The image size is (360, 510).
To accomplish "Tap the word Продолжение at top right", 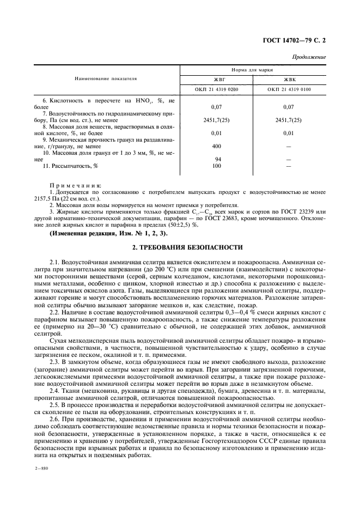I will click(309, 57).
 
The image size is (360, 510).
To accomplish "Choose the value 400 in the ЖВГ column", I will click(216, 146).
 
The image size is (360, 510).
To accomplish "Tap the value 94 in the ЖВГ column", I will click(216, 160).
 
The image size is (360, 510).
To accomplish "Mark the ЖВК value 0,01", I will click(289, 133).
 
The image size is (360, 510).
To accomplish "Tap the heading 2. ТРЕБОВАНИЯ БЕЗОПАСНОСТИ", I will click(180, 247).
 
